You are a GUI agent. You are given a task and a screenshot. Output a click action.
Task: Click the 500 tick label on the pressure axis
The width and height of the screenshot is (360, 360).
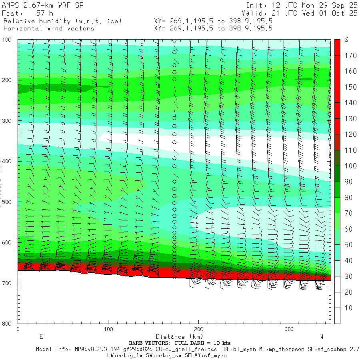[x=7, y=202]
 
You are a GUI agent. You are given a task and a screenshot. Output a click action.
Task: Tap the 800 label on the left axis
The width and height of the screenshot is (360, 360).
[x=7, y=324]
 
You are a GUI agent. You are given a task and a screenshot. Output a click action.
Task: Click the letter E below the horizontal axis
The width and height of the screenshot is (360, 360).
[x=41, y=337]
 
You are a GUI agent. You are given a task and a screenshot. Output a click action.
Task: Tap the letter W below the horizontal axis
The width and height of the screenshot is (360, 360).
[x=322, y=337]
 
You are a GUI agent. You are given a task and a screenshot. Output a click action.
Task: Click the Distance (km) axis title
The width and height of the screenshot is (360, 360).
[x=176, y=337]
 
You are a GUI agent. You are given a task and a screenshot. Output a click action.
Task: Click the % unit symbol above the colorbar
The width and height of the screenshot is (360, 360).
[x=347, y=40]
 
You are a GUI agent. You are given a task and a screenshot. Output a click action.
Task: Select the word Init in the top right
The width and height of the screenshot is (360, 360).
[x=256, y=6]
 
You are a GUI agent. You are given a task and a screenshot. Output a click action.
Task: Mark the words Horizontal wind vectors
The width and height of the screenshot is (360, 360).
[x=49, y=28]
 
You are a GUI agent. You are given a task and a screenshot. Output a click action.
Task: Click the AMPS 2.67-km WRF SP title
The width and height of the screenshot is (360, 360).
[x=42, y=6]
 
